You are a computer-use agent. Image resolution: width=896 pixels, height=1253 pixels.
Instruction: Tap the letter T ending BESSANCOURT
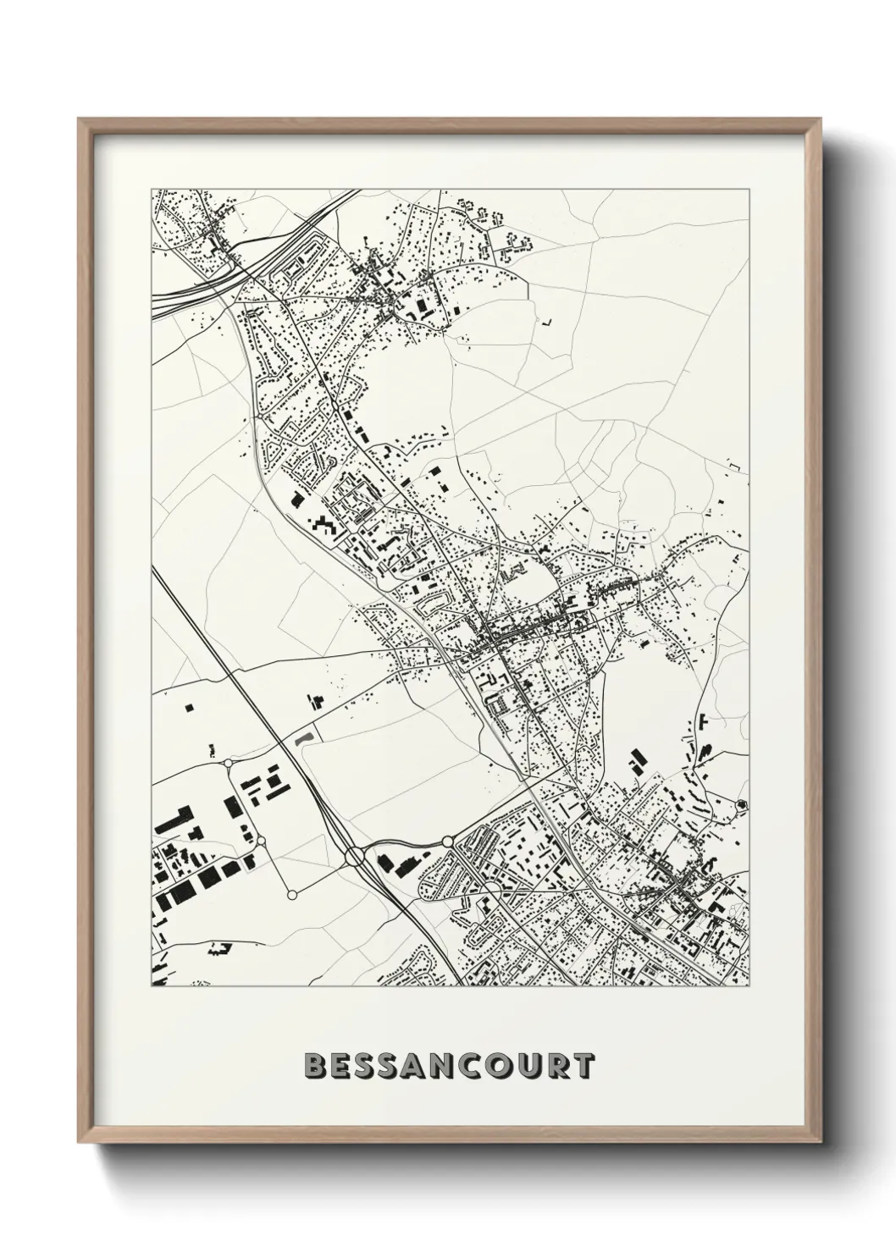click(581, 1067)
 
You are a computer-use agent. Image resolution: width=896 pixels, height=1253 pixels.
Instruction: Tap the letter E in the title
click(339, 1067)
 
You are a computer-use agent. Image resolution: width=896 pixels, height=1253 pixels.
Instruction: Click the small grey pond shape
click(304, 737)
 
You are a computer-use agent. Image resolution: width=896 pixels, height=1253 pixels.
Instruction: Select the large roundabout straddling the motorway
click(354, 858)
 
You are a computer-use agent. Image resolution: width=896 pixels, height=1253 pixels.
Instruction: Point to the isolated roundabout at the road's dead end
click(292, 894)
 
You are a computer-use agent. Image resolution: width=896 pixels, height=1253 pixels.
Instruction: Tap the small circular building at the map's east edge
click(743, 803)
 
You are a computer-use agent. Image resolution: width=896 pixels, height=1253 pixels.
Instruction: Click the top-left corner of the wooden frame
click(78, 119)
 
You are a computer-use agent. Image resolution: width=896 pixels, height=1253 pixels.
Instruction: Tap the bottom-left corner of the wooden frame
click(78, 1140)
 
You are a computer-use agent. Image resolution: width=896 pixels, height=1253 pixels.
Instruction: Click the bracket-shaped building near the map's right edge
click(733, 463)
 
